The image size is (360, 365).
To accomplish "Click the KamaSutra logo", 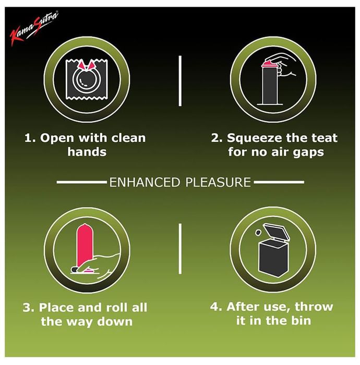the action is click(x=34, y=28).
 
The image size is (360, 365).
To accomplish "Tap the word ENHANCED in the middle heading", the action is click(x=145, y=182).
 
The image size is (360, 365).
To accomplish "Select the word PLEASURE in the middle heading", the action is click(x=218, y=182).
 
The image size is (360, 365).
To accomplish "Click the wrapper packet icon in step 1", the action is click(x=87, y=79).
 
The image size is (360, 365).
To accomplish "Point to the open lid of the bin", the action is click(x=276, y=232).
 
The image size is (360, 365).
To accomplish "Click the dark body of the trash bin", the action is click(x=274, y=259).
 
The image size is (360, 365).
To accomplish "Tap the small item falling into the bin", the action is click(x=258, y=233).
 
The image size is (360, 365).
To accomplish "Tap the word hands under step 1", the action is click(x=87, y=152).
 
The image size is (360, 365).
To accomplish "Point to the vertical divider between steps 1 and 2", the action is click(x=180, y=81).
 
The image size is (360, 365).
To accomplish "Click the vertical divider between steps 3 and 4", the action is click(x=180, y=249).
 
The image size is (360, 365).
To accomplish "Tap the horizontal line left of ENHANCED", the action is click(x=82, y=182).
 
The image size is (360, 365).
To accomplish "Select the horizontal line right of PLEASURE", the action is click(x=279, y=182).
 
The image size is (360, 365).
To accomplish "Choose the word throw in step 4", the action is click(x=314, y=307).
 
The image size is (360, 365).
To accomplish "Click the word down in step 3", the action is click(x=115, y=322).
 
